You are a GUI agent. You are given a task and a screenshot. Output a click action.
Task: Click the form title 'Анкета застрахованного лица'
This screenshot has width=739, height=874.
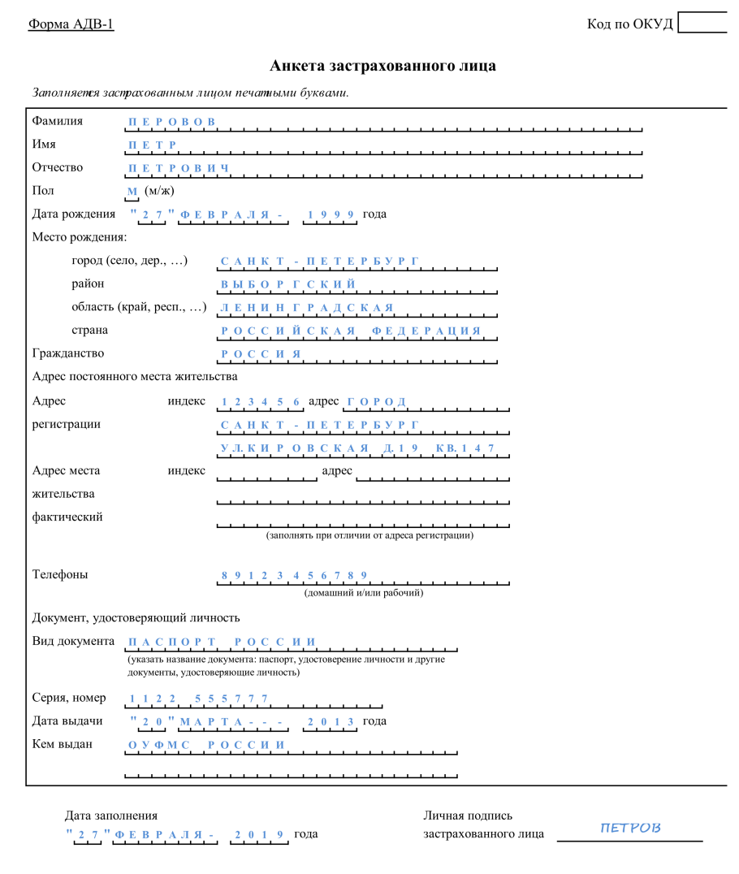pyautogui.click(x=382, y=66)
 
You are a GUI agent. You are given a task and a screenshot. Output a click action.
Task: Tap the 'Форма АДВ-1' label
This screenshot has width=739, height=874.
pyautogui.click(x=71, y=24)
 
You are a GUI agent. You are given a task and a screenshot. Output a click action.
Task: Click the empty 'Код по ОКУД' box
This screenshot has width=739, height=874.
pyautogui.click(x=702, y=22)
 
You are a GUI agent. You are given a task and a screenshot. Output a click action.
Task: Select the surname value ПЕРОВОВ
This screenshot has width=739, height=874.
pyautogui.click(x=172, y=122)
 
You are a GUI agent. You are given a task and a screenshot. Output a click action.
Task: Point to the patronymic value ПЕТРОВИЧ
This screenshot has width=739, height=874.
pyautogui.click(x=179, y=168)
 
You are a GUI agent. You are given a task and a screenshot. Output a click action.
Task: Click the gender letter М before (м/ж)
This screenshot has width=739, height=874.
pyautogui.click(x=132, y=192)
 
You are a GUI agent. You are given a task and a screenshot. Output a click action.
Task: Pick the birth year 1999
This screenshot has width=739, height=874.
pyautogui.click(x=331, y=214)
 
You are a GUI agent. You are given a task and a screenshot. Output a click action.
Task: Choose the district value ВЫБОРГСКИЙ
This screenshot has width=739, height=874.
pyautogui.click(x=288, y=284)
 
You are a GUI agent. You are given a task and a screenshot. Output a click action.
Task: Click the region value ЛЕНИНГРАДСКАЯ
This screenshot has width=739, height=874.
pyautogui.click(x=307, y=308)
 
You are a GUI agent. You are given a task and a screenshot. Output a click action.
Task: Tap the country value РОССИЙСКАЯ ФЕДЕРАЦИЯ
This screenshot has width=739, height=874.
pyautogui.click(x=351, y=331)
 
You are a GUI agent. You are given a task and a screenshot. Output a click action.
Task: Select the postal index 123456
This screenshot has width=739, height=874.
pyautogui.click(x=261, y=402)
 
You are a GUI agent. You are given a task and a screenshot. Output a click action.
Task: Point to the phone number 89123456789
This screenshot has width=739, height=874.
pyautogui.click(x=294, y=576)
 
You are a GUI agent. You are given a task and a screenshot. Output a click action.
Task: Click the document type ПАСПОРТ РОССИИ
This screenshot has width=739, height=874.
pyautogui.click(x=222, y=642)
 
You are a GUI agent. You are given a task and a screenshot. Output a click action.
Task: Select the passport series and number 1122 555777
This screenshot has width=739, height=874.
pyautogui.click(x=198, y=699)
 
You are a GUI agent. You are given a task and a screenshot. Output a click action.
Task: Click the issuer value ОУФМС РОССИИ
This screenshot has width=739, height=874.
pyautogui.click(x=207, y=745)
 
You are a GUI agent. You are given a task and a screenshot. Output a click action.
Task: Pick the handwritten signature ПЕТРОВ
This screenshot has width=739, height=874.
pyautogui.click(x=630, y=828)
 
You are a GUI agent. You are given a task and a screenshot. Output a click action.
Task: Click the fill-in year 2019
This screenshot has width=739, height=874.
pyautogui.click(x=259, y=834)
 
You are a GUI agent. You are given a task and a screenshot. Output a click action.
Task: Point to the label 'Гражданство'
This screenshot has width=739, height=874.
pyautogui.click(x=68, y=353)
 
